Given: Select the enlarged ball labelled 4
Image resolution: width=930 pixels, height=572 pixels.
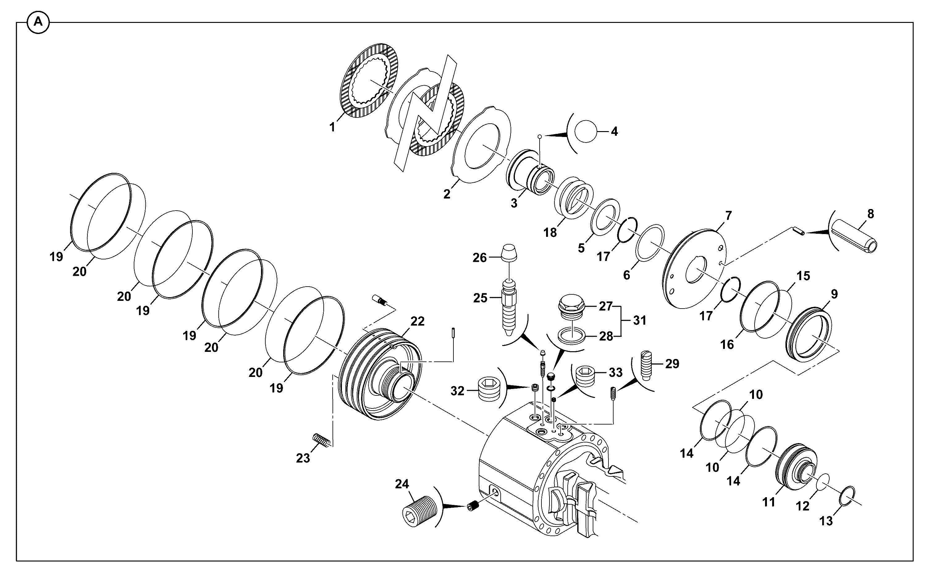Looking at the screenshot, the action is click(x=585, y=132).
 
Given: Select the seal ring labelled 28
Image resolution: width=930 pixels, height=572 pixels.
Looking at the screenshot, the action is click(x=572, y=335).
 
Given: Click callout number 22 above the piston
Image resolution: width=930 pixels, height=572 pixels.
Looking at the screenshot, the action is click(x=417, y=321).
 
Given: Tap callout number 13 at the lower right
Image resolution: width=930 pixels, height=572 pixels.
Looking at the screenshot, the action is click(x=827, y=521).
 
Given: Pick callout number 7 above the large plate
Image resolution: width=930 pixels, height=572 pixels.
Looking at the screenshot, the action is click(x=729, y=216).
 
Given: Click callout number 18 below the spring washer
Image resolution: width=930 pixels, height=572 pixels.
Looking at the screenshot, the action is click(x=550, y=233).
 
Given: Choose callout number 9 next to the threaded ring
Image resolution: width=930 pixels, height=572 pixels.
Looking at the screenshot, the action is click(x=834, y=294).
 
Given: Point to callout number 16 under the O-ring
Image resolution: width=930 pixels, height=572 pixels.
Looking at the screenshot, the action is click(x=727, y=344).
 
